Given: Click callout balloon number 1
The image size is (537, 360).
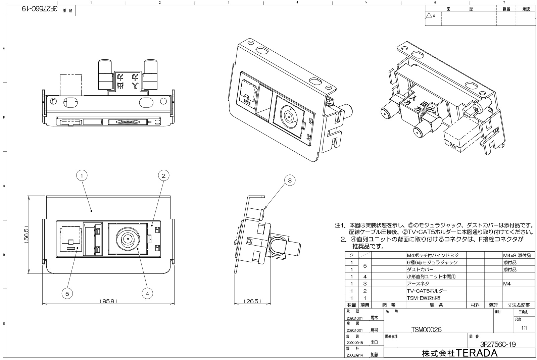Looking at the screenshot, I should click(x=82, y=175).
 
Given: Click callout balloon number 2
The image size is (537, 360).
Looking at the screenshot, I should click(x=163, y=175).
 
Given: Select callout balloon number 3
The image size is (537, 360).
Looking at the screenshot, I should click(x=290, y=180).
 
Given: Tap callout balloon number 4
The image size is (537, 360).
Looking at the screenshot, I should click(x=147, y=294).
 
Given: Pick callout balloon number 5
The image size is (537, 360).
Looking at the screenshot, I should click(x=67, y=294).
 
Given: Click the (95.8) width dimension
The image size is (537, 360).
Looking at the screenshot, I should click(x=108, y=301).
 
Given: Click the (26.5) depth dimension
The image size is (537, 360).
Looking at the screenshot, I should click(x=252, y=301).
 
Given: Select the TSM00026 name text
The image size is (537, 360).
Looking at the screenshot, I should click(x=426, y=330).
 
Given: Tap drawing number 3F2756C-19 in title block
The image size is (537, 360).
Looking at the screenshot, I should click(x=498, y=344).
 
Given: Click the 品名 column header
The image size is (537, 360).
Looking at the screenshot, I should click(x=436, y=305).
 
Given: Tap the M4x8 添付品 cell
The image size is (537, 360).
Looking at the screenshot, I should click(x=517, y=255).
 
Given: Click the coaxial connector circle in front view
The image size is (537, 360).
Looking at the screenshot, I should click(x=128, y=239).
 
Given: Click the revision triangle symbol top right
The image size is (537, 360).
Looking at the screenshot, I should click(x=429, y=15).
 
